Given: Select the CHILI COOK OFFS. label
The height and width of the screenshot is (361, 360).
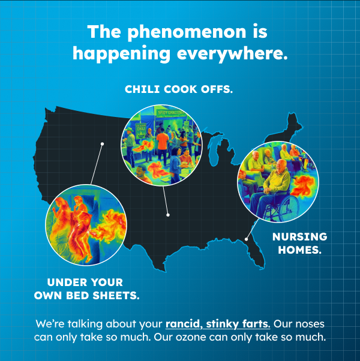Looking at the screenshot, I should click(x=178, y=89).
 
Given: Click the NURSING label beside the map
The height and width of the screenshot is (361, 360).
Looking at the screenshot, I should click(x=299, y=236).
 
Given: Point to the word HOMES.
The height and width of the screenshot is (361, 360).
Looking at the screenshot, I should click(x=299, y=250).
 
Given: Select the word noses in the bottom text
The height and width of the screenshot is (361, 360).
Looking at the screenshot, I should click(x=309, y=324).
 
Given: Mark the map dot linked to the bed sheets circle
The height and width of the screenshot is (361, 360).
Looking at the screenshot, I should click(x=103, y=144).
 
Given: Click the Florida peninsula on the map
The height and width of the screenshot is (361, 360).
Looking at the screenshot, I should click(x=256, y=252).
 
